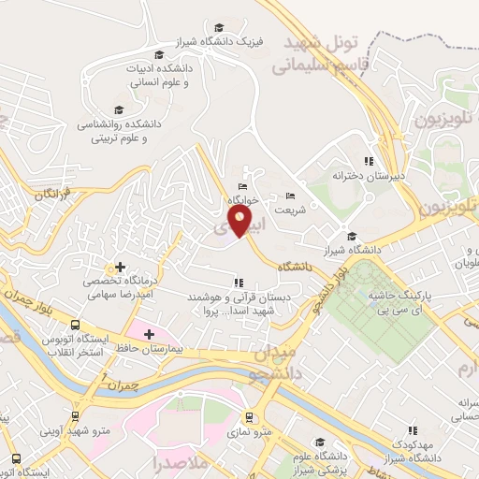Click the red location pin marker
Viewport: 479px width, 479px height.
[240, 221]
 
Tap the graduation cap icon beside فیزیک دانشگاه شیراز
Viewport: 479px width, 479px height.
[219, 28]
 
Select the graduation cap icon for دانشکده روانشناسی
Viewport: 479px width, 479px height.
[119, 111]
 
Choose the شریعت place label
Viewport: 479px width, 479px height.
[303, 210]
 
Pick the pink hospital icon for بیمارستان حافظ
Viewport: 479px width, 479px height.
[148, 332]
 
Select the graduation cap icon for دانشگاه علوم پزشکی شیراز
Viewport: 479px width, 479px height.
[319, 442]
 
